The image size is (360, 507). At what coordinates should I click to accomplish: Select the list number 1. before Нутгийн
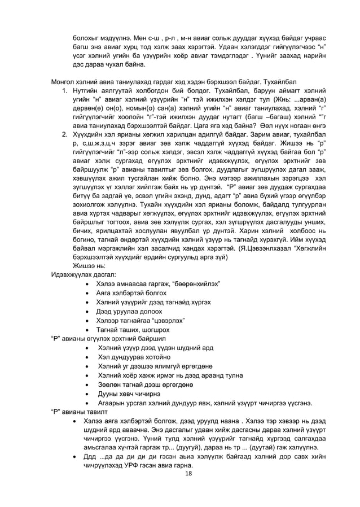pos(65,91)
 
